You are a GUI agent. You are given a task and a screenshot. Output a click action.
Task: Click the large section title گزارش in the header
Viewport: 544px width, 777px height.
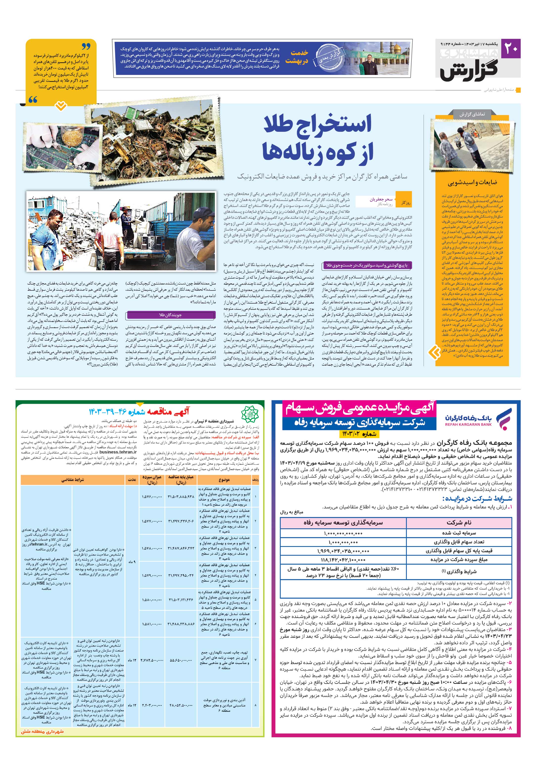tap(469, 70)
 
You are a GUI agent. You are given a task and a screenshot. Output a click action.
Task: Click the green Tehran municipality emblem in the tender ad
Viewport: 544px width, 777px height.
tap(249, 414)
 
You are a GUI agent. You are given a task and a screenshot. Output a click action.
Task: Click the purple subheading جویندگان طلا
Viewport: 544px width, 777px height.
tap(171, 315)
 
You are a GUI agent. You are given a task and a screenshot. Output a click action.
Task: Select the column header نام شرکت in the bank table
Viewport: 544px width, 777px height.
tap(459, 523)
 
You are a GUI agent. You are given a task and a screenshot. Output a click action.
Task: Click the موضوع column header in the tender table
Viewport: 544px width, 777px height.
tap(224, 480)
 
